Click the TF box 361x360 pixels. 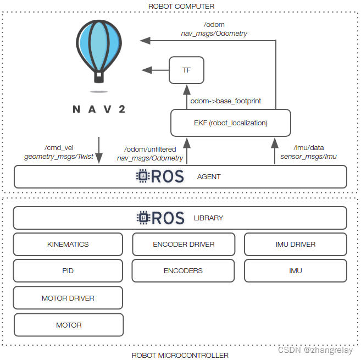pos(187,70)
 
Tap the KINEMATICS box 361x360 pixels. pos(68,244)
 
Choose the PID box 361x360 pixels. pos(68,271)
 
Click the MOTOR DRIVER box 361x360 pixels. pos(68,298)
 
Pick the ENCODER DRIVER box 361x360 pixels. pos(184,244)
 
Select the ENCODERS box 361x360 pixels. pos(184,271)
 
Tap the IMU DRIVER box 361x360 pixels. pos(296,244)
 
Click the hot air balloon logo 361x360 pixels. pos(99,52)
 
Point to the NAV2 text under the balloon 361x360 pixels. pos(99,109)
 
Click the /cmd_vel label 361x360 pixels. pos(58,147)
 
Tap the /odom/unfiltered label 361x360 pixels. pos(150,149)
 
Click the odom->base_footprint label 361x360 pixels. pos(226,101)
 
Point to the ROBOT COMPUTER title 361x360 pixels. pos(181,6)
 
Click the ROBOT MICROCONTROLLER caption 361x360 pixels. pos(180,355)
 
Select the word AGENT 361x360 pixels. pos(209,177)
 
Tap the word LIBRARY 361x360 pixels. pos(209,218)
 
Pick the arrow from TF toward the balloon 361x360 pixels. pos(155,70)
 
